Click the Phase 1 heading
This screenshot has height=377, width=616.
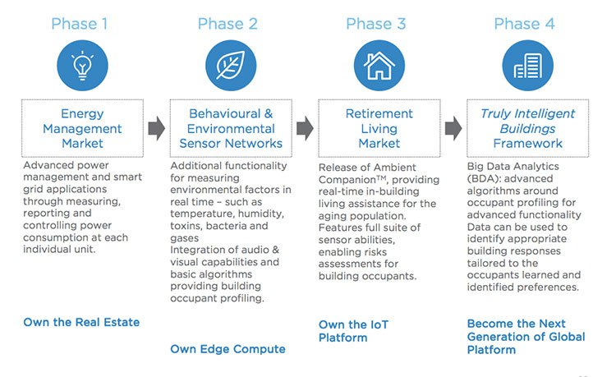pos(80,24)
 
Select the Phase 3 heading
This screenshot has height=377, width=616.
pos(375,24)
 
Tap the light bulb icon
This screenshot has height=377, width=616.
pos(82,65)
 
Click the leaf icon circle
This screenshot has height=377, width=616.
pos(231,65)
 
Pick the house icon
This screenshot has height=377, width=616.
pos(379,65)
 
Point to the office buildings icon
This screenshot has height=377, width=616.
pos(527,65)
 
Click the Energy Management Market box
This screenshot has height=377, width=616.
pos(82,128)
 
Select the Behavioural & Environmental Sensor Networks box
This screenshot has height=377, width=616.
pos(231,128)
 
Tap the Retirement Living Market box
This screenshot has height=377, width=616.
pos(379,128)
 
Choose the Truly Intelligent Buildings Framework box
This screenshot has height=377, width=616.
pos(527,128)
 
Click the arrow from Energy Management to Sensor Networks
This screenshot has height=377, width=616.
pos(157,128)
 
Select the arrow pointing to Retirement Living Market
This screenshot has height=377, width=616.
pos(305,128)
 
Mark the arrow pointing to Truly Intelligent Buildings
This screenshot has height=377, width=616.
pos(453,128)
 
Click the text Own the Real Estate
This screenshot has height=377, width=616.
pos(81,323)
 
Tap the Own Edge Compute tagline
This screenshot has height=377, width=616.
pos(228,349)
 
